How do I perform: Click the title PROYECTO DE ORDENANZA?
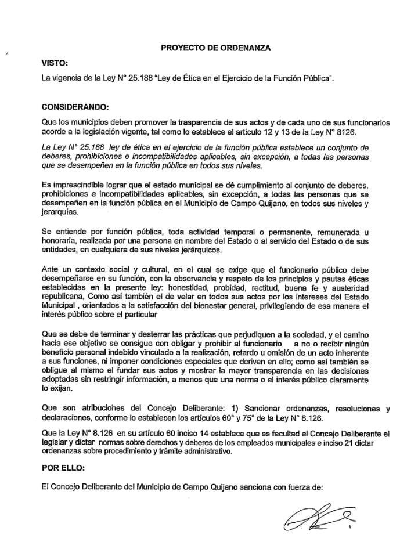(x=215, y=48)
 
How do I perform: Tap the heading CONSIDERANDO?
(x=75, y=107)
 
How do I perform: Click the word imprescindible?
(x=72, y=184)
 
